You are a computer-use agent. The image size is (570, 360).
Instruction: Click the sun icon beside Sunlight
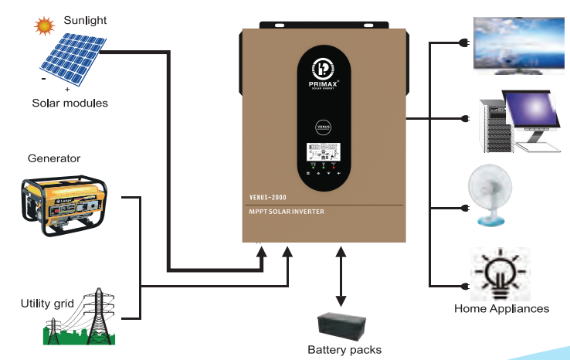click(x=45, y=27)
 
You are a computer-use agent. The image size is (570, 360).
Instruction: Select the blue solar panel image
click(x=71, y=59)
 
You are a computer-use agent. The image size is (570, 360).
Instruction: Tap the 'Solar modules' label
click(x=70, y=103)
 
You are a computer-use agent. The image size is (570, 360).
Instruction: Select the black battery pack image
click(x=344, y=324)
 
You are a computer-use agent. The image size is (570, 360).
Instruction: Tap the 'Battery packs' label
click(x=344, y=350)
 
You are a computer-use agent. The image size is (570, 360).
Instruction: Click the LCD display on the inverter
click(x=324, y=151)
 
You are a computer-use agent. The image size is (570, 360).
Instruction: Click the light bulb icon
click(x=500, y=274)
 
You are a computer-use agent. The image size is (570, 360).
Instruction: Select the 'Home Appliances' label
click(x=501, y=309)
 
